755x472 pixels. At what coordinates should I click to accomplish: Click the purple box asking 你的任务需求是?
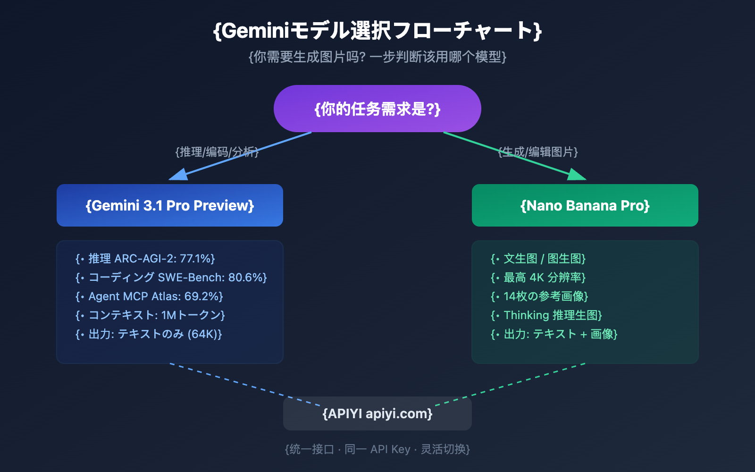coord(377,109)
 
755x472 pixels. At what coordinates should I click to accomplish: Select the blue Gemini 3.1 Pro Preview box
coord(170,205)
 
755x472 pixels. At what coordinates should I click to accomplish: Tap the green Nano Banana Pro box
coord(585,205)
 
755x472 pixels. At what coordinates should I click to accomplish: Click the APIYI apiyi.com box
coord(377,413)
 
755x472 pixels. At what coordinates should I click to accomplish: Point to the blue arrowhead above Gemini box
coord(178,175)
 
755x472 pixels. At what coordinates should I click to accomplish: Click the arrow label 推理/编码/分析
coord(217,152)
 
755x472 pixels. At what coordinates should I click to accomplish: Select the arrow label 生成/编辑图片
coord(538,152)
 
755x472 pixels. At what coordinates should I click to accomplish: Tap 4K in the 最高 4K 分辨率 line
coord(537,278)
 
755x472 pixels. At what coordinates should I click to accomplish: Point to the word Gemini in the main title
coord(255,31)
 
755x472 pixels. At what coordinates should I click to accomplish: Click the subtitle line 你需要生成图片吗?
coord(377,57)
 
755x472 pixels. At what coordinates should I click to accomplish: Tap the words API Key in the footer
coord(390,449)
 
